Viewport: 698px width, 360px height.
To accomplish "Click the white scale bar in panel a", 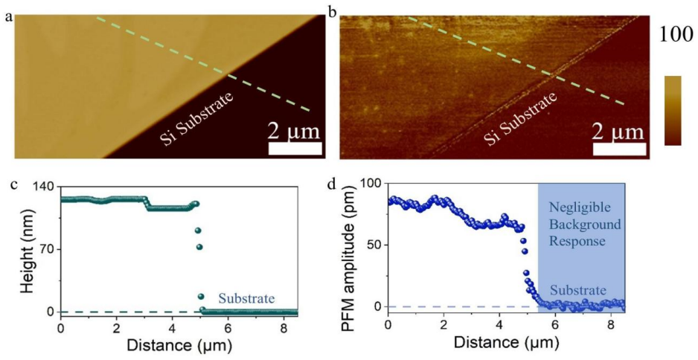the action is [295, 149].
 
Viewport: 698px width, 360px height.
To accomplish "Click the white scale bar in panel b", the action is [619, 149].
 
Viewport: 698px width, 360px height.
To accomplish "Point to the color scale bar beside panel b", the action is [673, 110].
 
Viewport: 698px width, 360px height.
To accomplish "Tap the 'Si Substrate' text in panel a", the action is [198, 119].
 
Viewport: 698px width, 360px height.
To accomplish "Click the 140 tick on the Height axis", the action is [45, 187].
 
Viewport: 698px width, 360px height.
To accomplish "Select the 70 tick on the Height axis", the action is [49, 249].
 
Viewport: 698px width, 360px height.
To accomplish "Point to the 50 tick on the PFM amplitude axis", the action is [376, 245].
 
